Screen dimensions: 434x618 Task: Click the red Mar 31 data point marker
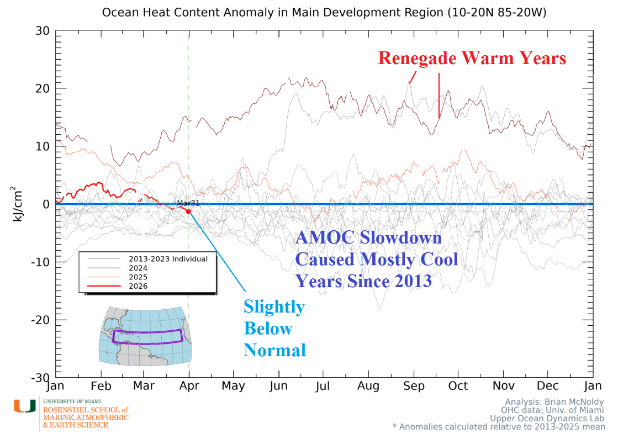189,211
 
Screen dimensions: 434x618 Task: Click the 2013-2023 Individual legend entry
168,259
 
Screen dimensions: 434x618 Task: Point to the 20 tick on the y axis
41,88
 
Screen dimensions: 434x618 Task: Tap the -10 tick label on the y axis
39,262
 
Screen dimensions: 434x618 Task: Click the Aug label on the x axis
368,386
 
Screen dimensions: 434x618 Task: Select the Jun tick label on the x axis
279,386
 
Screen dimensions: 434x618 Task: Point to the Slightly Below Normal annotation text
274,328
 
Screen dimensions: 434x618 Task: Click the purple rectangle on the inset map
147,336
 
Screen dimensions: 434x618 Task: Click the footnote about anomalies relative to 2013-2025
498,426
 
